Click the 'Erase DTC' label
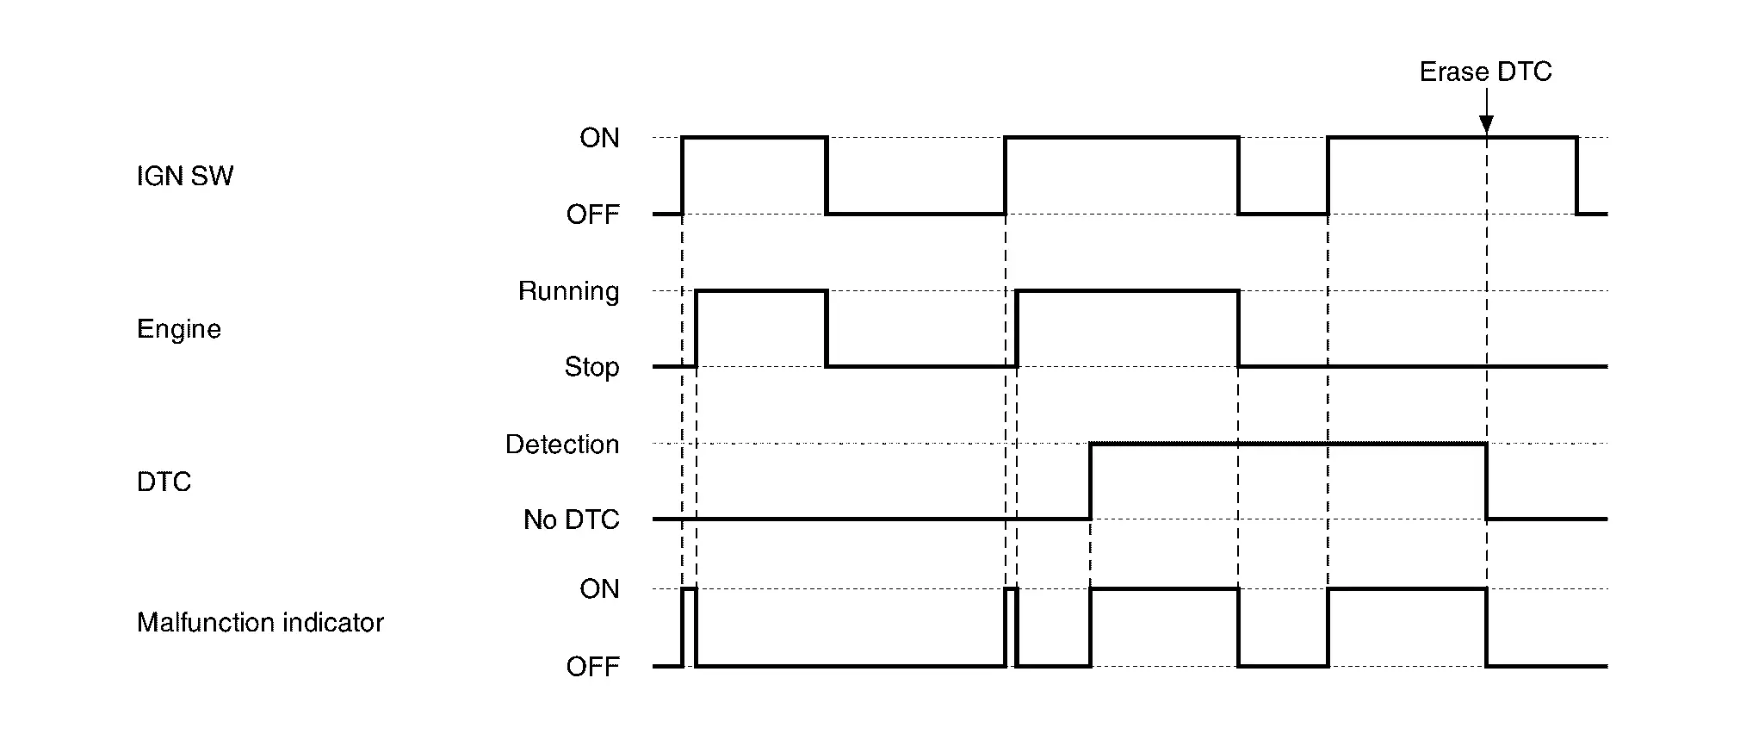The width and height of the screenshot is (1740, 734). (x=1485, y=72)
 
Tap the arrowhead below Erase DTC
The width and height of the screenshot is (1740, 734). (x=1486, y=126)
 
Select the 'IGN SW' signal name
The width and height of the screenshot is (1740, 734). (x=185, y=177)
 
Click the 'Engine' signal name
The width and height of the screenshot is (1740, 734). (x=179, y=329)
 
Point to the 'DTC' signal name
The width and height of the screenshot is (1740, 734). (x=164, y=482)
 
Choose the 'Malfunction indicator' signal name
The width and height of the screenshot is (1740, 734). (x=260, y=623)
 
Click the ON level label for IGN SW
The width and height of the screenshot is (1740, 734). (x=599, y=138)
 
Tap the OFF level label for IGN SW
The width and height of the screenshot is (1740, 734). (x=592, y=215)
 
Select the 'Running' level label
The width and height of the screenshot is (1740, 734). (x=568, y=291)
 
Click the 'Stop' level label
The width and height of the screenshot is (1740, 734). (x=591, y=367)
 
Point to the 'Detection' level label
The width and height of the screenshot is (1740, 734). (x=562, y=445)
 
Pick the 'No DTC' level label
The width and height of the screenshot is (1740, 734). (x=571, y=519)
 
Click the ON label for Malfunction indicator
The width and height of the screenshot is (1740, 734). (x=599, y=589)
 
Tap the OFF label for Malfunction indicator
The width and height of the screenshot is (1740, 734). (x=592, y=667)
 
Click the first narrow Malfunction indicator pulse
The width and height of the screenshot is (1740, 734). (x=689, y=590)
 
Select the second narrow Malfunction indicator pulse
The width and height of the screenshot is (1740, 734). (x=1011, y=590)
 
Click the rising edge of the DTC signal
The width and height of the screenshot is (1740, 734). (x=1090, y=482)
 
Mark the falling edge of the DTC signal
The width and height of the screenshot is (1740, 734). (x=1487, y=482)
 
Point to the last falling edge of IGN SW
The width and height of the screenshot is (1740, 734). (x=1577, y=176)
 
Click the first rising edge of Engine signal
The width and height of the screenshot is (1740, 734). (x=696, y=329)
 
